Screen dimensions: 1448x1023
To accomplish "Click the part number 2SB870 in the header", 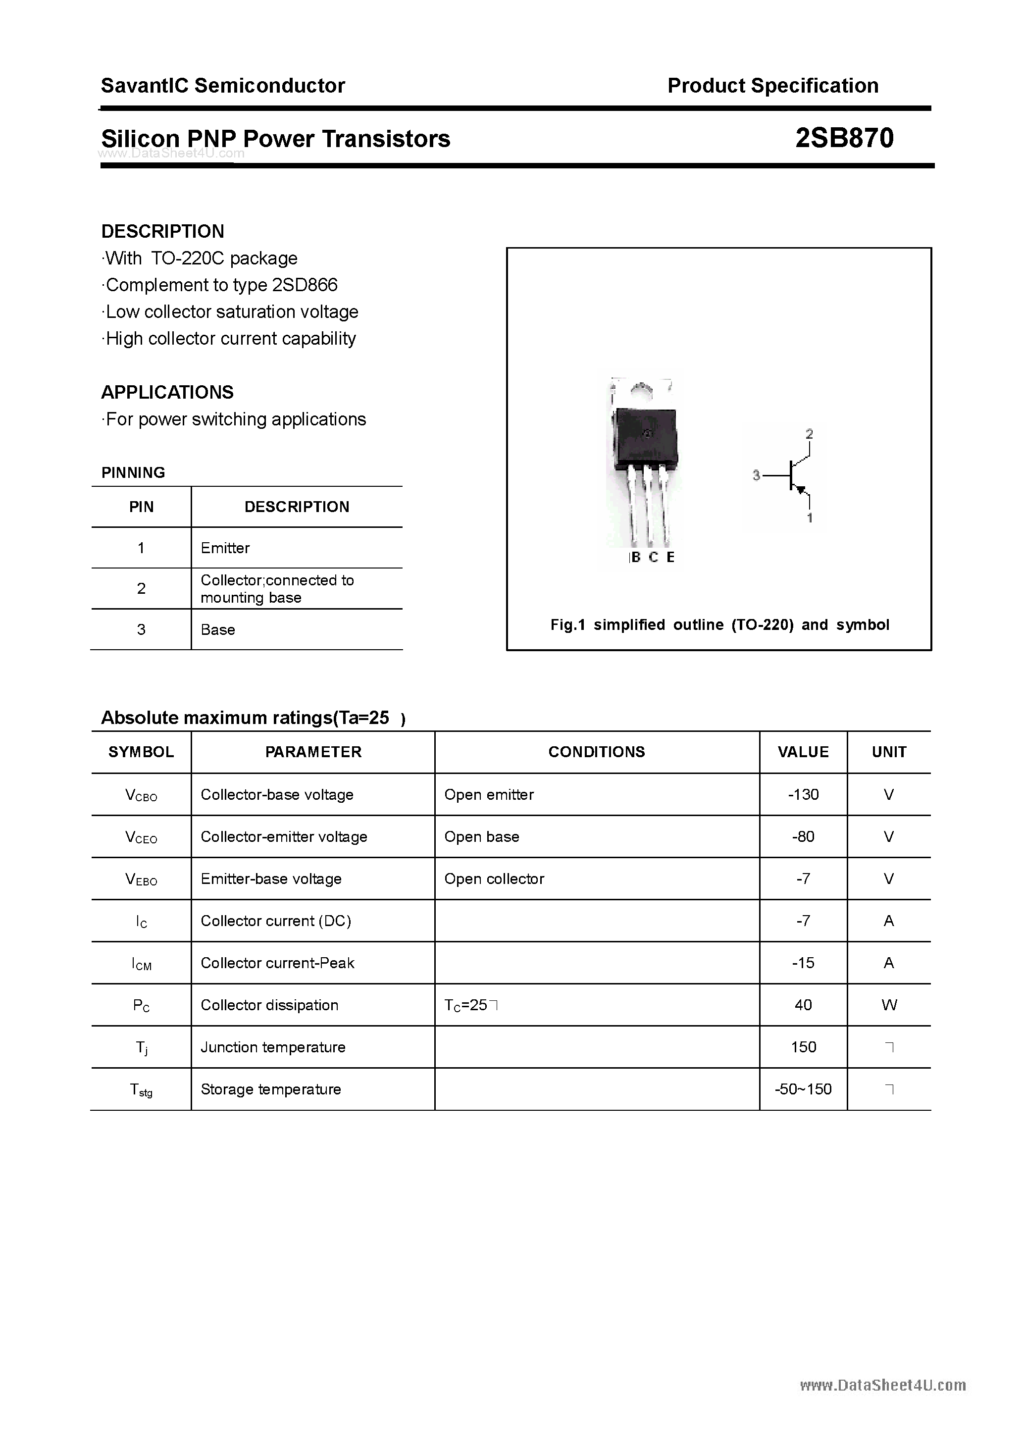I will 844,138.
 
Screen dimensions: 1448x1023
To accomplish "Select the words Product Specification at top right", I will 772,86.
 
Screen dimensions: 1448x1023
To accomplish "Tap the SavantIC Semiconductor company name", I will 223,86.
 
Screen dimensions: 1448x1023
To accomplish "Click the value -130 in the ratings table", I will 803,795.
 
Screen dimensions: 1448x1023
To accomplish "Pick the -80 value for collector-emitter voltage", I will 803,837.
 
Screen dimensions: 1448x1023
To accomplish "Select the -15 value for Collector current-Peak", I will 803,963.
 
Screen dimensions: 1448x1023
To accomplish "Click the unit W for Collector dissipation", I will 889,1005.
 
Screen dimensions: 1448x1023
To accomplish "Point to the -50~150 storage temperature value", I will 803,1089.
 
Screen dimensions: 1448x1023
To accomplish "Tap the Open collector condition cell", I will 494,879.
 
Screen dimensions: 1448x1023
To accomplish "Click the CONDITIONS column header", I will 596,752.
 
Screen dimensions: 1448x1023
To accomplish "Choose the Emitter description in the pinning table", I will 225,548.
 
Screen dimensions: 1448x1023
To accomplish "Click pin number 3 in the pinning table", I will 141,629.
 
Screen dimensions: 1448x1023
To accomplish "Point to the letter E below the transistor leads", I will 670,557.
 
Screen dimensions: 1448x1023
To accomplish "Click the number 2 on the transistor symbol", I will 809,434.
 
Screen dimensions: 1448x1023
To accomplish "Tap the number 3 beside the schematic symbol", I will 756,475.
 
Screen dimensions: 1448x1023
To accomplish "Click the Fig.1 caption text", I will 719,625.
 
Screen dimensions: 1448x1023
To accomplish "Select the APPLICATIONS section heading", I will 167,392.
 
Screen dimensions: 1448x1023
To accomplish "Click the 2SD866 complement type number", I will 305,285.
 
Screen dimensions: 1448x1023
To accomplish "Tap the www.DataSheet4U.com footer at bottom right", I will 882,1386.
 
